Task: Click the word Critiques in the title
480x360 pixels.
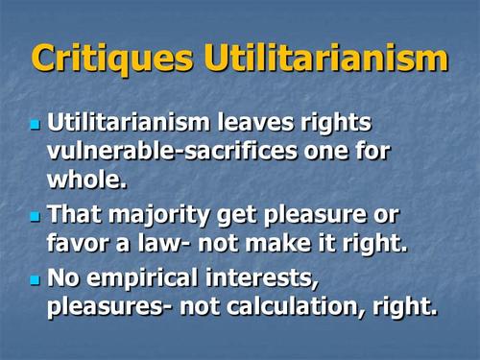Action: click(x=112, y=59)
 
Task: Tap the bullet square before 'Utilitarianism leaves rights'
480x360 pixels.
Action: click(x=36, y=125)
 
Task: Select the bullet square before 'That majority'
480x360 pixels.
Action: click(x=36, y=217)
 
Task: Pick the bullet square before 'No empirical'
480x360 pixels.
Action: click(x=36, y=280)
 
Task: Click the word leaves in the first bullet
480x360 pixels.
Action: click(x=255, y=122)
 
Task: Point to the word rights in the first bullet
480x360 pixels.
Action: click(x=336, y=123)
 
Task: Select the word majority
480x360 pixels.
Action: click(x=158, y=216)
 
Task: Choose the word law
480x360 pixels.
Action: click(x=159, y=243)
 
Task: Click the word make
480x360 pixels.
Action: click(x=277, y=243)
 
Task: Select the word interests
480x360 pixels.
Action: click(x=262, y=278)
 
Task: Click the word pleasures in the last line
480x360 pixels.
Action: click(x=107, y=307)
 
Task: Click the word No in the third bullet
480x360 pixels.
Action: click(x=63, y=277)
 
